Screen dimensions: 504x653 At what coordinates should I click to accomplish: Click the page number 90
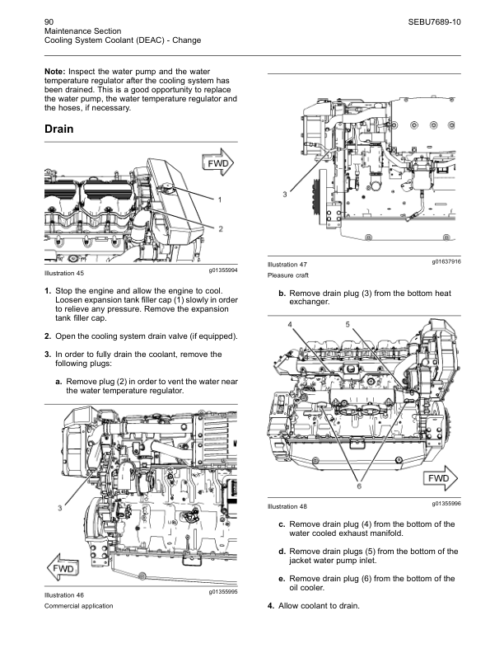point(49,22)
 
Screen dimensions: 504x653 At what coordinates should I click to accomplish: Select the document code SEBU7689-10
point(434,22)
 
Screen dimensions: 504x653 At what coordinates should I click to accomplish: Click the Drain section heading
point(59,129)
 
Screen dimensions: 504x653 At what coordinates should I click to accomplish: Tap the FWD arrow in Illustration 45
point(218,162)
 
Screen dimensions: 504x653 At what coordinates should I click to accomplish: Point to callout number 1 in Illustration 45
point(220,200)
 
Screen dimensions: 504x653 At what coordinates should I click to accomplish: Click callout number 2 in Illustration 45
point(221,228)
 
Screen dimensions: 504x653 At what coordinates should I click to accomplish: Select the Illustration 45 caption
point(64,273)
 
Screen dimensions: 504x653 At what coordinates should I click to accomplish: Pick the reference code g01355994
point(223,270)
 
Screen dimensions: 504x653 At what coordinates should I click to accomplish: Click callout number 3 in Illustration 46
point(60,508)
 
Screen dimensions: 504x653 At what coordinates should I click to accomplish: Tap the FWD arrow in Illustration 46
point(63,568)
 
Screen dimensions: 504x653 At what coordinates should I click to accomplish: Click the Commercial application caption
point(78,606)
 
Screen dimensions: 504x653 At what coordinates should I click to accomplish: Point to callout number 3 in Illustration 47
point(285,194)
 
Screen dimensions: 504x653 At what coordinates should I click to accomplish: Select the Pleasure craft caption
point(287,275)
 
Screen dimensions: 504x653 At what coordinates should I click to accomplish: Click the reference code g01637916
point(446,261)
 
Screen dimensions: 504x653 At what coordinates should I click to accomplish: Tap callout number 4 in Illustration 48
point(290,325)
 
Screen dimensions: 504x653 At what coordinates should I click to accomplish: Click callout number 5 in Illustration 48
point(348,324)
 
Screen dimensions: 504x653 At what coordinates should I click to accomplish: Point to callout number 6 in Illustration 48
point(359,486)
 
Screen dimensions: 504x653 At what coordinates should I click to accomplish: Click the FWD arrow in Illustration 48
point(440,478)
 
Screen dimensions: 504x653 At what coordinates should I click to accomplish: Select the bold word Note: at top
point(55,72)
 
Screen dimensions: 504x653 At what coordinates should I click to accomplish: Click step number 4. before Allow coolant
point(271,606)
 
